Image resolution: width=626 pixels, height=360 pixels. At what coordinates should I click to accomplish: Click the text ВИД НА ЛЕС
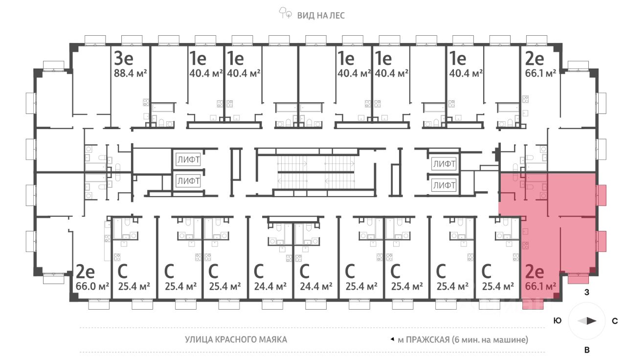[321, 15]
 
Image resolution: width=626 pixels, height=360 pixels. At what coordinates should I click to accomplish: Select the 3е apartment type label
[124, 59]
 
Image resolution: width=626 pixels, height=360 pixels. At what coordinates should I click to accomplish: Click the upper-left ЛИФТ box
[188, 159]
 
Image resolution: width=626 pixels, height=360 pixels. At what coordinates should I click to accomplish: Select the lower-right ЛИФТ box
[444, 186]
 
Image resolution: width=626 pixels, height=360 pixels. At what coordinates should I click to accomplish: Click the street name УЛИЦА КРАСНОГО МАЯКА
[236, 339]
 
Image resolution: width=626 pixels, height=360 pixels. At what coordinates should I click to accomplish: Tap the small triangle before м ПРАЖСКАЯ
[392, 339]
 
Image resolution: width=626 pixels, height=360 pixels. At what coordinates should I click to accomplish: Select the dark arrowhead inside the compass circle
[591, 321]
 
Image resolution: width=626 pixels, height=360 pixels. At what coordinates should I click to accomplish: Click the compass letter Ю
[557, 321]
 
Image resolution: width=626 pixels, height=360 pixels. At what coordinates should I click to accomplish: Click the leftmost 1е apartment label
[198, 59]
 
